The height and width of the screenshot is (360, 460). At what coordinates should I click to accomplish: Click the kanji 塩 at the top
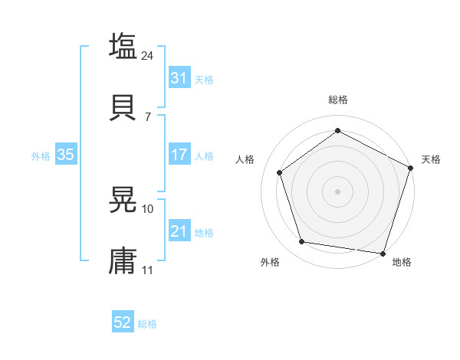(123, 47)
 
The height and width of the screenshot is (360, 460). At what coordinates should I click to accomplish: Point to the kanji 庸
(123, 260)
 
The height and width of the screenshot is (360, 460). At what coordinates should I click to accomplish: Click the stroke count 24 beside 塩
(149, 56)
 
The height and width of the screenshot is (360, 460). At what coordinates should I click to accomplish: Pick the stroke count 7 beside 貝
(147, 116)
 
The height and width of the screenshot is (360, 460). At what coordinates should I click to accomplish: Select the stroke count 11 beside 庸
(148, 270)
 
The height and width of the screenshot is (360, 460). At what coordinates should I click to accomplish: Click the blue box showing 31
(179, 78)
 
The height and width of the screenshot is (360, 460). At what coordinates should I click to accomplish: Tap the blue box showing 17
(179, 155)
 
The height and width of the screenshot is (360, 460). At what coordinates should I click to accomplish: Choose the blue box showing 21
(179, 231)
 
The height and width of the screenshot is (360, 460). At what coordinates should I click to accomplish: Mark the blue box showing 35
(65, 155)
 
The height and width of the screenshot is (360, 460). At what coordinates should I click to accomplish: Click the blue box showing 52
(122, 322)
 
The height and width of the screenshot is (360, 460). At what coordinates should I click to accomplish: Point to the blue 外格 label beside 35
(41, 155)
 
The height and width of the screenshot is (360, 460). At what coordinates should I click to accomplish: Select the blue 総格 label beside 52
(147, 323)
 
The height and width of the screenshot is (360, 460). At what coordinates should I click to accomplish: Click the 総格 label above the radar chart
(338, 100)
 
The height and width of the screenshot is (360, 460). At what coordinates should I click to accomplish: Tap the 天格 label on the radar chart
(431, 159)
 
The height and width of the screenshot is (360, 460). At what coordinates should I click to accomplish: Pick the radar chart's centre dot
(338, 191)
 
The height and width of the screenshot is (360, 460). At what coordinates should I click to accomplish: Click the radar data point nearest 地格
(383, 253)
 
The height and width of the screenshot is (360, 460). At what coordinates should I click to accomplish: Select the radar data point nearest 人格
(280, 172)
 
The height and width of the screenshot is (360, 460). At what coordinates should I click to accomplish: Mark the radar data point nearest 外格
(302, 242)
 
